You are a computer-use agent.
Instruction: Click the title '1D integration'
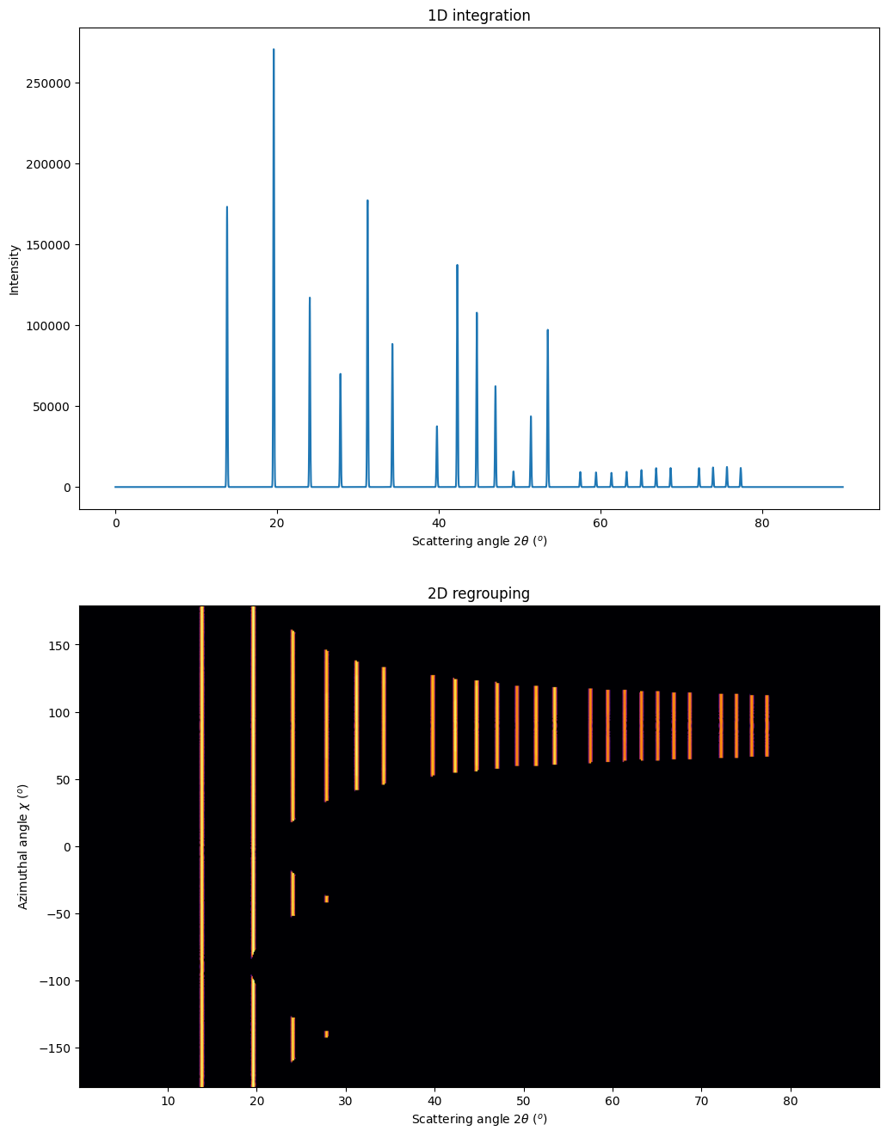(478, 15)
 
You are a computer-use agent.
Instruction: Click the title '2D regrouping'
(478, 593)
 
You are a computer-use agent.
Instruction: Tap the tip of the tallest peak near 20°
(274, 50)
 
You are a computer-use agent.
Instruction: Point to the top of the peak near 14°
(227, 207)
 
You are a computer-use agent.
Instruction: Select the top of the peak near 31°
(367, 201)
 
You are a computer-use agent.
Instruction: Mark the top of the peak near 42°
(457, 266)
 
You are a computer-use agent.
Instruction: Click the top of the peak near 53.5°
(547, 330)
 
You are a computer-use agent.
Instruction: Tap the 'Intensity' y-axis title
(15, 270)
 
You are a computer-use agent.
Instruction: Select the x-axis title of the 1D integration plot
(479, 541)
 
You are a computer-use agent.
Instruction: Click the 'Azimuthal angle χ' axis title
(23, 846)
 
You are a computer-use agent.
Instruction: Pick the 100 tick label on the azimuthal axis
(60, 712)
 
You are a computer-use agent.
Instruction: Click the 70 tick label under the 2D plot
(701, 1101)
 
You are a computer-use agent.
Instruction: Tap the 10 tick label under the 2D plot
(168, 1101)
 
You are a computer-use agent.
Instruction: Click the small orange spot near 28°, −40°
(326, 899)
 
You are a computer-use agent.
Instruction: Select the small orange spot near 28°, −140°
(326, 1034)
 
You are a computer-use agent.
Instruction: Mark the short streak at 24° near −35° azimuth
(293, 894)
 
